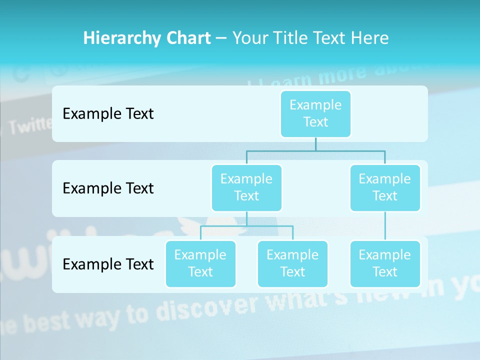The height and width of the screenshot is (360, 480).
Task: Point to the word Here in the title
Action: click(369, 38)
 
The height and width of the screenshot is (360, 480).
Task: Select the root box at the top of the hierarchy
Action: click(315, 113)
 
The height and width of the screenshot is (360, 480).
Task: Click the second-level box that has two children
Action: click(246, 187)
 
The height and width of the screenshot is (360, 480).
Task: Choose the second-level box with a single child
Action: click(385, 187)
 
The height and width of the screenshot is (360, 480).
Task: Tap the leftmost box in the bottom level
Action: click(200, 263)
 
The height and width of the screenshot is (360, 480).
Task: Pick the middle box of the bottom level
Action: click(292, 263)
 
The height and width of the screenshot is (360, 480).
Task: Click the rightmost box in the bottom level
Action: click(385, 263)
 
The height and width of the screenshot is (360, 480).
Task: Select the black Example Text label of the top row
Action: click(108, 114)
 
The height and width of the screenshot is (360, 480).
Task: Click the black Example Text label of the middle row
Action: click(108, 188)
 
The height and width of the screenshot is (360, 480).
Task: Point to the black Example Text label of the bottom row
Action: click(108, 264)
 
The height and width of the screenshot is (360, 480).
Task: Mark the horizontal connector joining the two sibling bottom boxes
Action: click(246, 226)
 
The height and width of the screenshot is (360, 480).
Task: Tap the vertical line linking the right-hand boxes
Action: click(385, 226)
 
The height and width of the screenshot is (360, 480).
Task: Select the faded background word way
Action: click(99, 317)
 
